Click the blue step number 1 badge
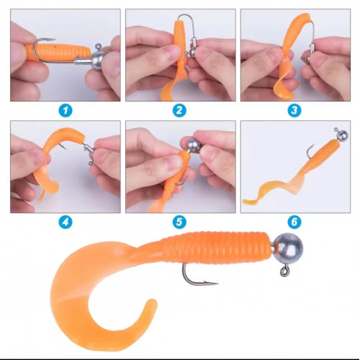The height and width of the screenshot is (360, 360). tap(66, 110)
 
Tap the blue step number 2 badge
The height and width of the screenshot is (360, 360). tap(179, 110)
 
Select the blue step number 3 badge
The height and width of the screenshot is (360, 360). tap(294, 110)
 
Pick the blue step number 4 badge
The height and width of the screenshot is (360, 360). tap(66, 222)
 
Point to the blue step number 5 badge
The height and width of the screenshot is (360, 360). tap(179, 222)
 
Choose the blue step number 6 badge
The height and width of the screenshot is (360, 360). tap(294, 222)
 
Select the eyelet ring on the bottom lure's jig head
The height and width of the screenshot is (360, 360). tap(284, 271)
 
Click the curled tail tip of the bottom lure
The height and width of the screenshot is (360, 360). tap(150, 305)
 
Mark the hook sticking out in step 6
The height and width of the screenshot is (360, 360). tap(311, 151)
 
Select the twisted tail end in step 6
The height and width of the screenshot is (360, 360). tap(247, 201)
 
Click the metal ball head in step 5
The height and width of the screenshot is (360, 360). tap(194, 145)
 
